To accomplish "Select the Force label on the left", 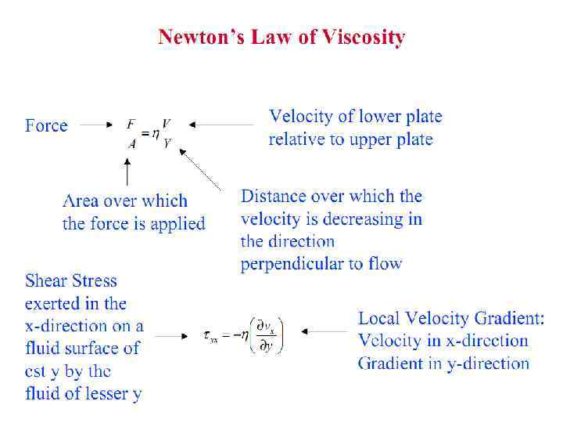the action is pos(46,125).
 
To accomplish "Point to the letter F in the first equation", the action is pos(131,124).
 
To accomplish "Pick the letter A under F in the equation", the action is pos(131,143).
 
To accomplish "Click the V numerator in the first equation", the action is pos(166,124).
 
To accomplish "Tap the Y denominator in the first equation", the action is pos(167,143).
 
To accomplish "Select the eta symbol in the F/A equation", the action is pos(155,134).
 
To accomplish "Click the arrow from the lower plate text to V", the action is pos(222,124).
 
